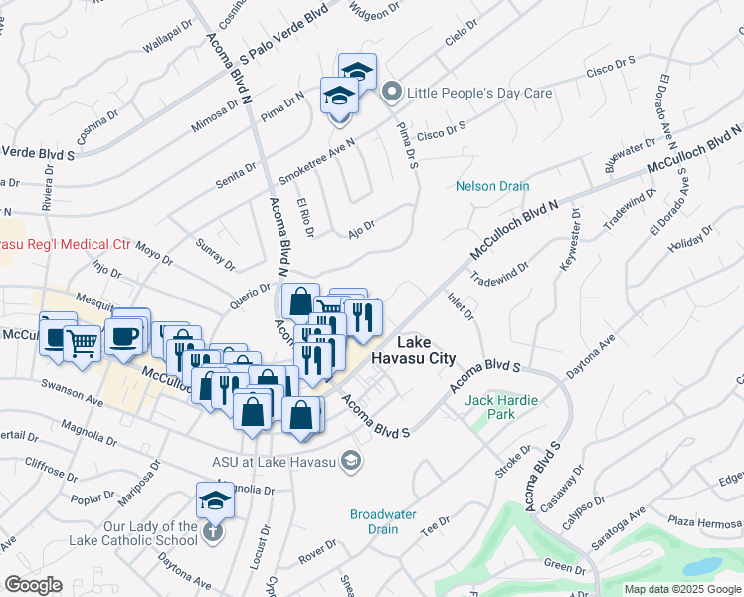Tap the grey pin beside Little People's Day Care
click(x=392, y=93)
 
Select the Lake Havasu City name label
click(x=413, y=349)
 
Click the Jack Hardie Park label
click(x=501, y=407)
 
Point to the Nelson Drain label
click(x=492, y=186)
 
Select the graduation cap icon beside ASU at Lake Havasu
click(x=350, y=460)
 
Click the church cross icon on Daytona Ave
click(x=212, y=532)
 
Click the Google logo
click(x=33, y=585)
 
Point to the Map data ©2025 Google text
click(x=681, y=589)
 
